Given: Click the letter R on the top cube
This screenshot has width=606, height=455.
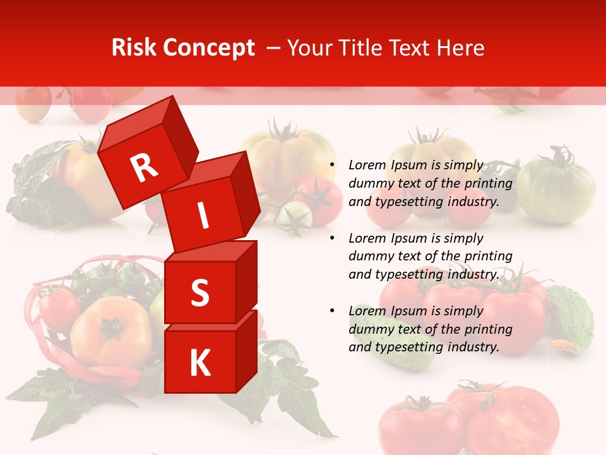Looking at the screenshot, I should click(144, 168).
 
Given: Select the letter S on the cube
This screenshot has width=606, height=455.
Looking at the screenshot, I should click(199, 293).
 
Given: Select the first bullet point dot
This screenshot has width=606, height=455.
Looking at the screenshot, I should click(331, 166).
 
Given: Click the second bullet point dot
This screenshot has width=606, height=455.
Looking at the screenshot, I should click(331, 239).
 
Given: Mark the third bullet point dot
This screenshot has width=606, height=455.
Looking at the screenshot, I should click(331, 312).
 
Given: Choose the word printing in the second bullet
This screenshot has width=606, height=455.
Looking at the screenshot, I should click(487, 257).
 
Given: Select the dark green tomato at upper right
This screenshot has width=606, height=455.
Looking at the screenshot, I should click(555, 190).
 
